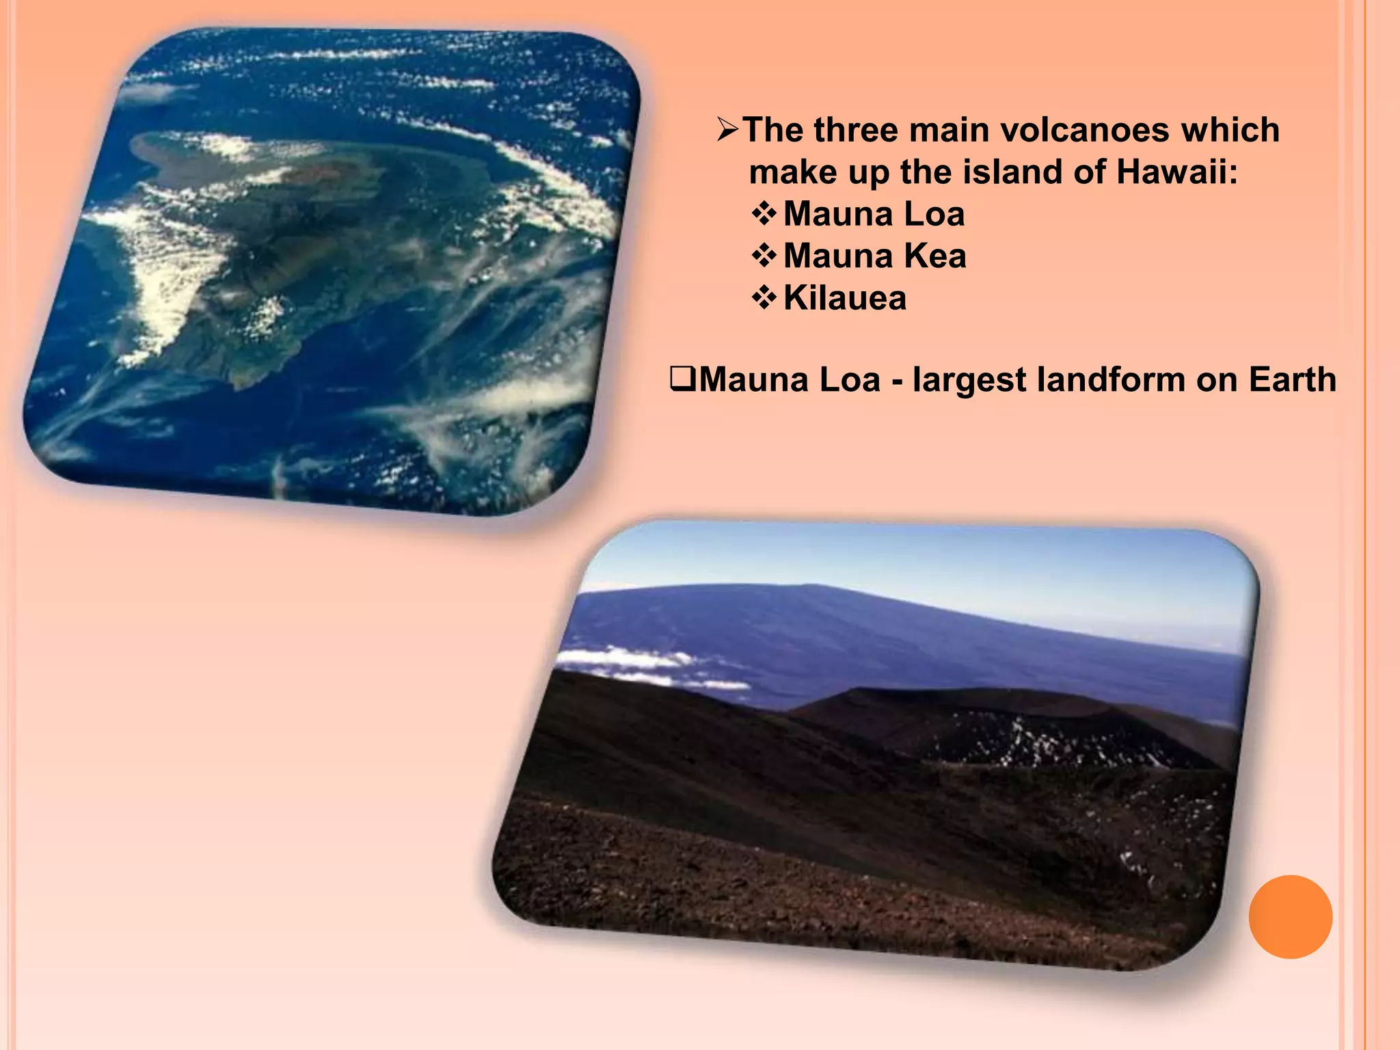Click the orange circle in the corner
click(x=1290, y=917)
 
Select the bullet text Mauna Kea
click(x=874, y=256)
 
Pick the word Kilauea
click(x=845, y=299)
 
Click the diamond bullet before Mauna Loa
click(x=764, y=215)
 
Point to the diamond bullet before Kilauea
click(x=764, y=299)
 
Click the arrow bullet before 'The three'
click(x=728, y=130)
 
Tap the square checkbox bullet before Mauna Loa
click(x=682, y=379)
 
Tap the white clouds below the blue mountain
click(x=636, y=662)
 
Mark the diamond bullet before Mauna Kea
click(x=764, y=256)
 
